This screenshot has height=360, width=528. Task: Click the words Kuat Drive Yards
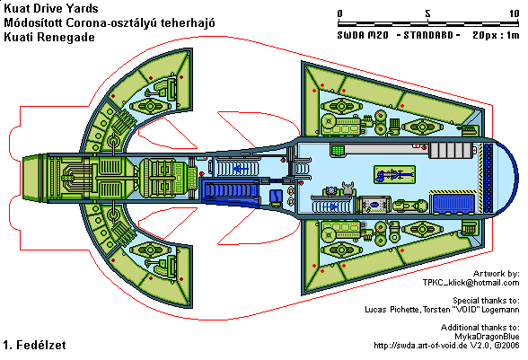pos(51,8)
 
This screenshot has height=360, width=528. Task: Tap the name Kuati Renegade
pos(49,37)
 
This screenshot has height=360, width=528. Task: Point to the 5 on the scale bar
pos(427,13)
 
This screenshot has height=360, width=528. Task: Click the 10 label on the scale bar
pos(515,13)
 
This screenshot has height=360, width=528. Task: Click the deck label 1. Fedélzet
pos(35,345)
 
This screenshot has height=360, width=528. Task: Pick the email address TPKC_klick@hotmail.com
pos(471,283)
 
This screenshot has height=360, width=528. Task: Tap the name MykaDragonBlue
pos(487,336)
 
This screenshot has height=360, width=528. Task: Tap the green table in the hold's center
pos(394,175)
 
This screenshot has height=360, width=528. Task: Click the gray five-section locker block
pos(450,150)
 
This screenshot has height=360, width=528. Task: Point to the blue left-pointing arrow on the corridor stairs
pos(241,168)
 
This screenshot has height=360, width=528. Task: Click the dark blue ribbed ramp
pos(232,190)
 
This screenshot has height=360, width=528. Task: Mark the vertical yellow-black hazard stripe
pos(480,178)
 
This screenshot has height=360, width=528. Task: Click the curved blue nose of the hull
pos(509,177)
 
